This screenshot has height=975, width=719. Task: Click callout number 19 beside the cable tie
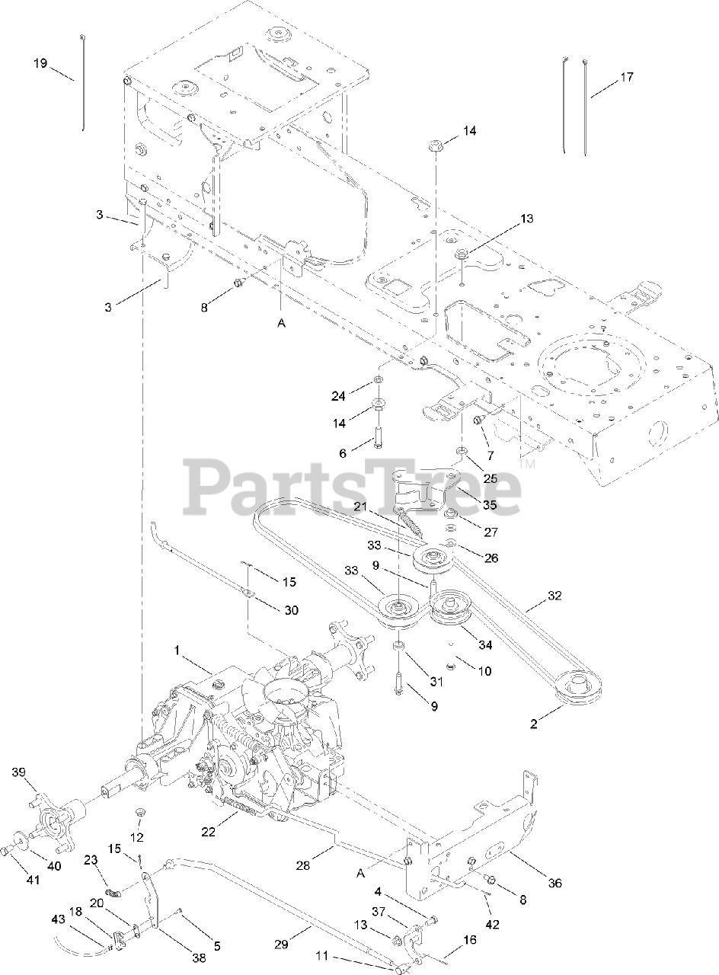pyautogui.click(x=40, y=62)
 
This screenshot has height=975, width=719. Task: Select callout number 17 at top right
pyautogui.click(x=626, y=77)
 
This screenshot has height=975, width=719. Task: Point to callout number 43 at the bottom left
pyautogui.click(x=60, y=919)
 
